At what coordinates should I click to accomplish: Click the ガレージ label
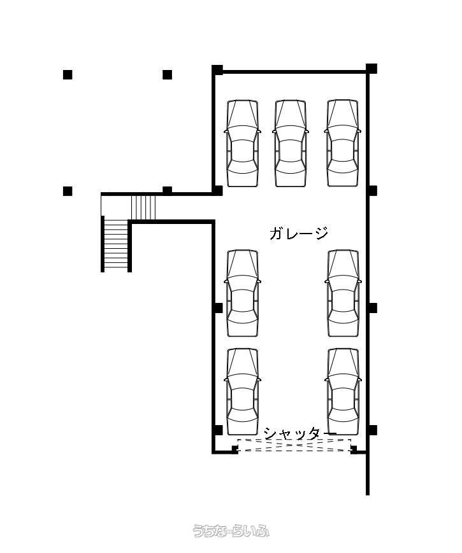[x=299, y=233]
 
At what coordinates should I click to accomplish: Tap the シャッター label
[x=300, y=433]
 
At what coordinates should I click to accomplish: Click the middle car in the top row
[x=291, y=143]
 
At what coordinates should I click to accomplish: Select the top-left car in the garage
[x=242, y=143]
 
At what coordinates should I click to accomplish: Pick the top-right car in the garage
[x=343, y=143]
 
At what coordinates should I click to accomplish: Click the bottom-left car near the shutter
[x=242, y=392]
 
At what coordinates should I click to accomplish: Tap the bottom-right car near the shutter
[x=343, y=392]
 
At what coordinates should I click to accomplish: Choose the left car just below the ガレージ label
[x=242, y=293]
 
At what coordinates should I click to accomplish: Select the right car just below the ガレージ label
[x=343, y=293]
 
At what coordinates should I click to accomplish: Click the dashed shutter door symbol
[x=294, y=445]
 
